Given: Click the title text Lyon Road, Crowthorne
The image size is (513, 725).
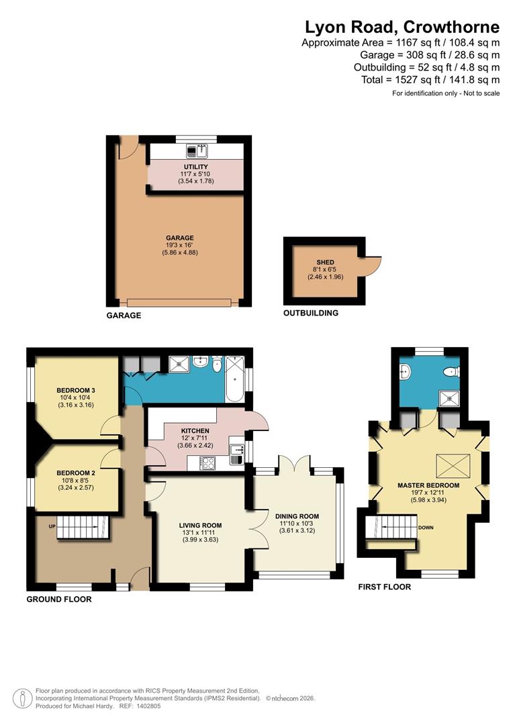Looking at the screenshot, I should click(x=402, y=27).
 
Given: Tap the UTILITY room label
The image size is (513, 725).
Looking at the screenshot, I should click(x=195, y=166).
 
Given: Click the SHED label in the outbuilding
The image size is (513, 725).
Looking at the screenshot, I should click(x=325, y=262).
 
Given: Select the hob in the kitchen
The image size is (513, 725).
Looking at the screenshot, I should click(x=207, y=462).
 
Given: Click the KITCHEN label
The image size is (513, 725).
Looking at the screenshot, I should click(x=195, y=431).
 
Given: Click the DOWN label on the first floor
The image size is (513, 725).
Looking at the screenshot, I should click(x=426, y=528).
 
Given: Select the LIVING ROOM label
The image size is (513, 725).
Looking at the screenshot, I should click(x=200, y=526).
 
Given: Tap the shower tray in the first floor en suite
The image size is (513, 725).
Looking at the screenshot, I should click(x=449, y=399).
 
